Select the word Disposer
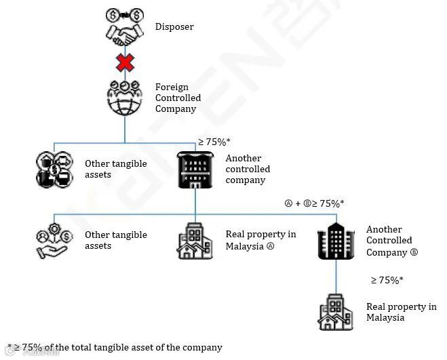[x=174, y=27]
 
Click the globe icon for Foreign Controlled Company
[x=125, y=98]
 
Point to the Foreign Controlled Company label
[x=178, y=98]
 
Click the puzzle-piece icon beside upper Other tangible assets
[x=54, y=169]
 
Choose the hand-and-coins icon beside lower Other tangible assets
[x=54, y=241]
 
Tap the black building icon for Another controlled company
[x=195, y=169]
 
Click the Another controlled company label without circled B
[x=248, y=169]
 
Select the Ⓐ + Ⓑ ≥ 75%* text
[x=314, y=203]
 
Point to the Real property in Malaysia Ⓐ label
[x=260, y=241]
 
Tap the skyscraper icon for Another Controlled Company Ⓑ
[x=336, y=241]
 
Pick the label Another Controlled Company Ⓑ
[x=392, y=241]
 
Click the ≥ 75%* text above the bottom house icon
[x=387, y=280]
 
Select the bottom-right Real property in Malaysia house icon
[x=336, y=312]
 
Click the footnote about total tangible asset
[x=115, y=347]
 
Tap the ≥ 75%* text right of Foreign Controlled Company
[x=214, y=142]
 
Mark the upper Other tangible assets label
[x=107, y=169]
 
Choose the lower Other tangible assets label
[x=115, y=241]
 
